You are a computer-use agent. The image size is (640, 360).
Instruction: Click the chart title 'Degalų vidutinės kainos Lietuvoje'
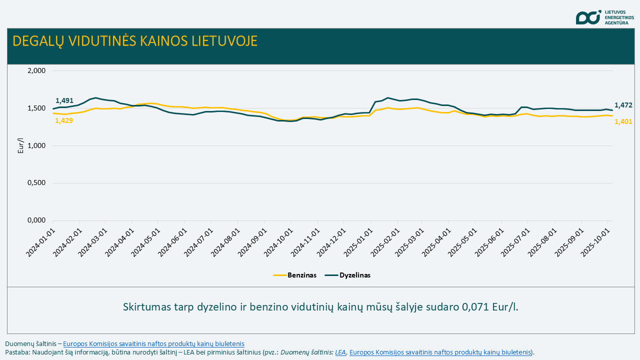135,41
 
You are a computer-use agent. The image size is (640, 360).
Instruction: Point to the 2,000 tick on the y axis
36,70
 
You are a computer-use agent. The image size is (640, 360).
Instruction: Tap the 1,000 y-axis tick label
36,145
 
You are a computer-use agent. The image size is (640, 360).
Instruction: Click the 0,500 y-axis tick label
36,183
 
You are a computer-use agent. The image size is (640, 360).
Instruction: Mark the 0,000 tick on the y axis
36,220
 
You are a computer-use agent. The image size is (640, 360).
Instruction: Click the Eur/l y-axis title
20,145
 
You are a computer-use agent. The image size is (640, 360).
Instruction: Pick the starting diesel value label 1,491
64,100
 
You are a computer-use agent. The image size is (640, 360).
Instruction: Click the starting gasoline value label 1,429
64,120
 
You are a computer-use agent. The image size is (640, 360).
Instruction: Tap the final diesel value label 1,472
623,105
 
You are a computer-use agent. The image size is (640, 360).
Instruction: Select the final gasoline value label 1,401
623,121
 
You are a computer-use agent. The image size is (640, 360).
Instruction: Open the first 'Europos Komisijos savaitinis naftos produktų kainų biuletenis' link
153,343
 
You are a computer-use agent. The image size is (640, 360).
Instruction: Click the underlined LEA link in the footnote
340,352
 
